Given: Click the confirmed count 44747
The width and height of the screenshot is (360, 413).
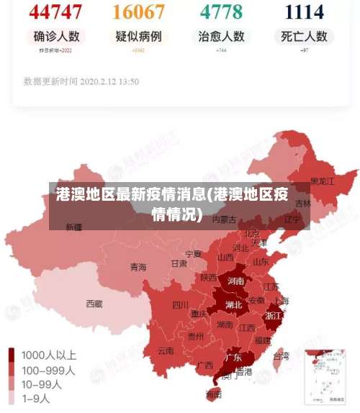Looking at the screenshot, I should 56,12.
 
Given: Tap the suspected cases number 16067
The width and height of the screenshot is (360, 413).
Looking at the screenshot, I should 139,12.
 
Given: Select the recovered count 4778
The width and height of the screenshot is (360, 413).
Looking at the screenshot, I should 221,12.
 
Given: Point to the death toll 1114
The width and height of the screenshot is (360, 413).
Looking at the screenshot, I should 305,12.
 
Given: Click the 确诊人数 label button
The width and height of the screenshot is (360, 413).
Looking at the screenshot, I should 56,36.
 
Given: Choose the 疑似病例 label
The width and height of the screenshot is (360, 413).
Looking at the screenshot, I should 139,36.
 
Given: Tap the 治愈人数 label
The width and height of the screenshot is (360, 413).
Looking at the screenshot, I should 221,36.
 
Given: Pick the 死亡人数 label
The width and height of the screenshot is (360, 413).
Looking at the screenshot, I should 305,36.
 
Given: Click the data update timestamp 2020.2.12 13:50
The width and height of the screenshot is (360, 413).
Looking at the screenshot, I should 81,81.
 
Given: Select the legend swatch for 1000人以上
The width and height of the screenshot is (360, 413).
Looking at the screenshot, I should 12,355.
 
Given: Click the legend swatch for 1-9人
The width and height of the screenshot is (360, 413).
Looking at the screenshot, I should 12,397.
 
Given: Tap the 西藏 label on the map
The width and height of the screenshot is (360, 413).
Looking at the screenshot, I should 94,304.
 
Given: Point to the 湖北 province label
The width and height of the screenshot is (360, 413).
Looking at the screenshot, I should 233,304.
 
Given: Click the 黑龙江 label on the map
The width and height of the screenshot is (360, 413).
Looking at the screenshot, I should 322,181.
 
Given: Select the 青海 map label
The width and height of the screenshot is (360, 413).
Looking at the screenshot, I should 138,267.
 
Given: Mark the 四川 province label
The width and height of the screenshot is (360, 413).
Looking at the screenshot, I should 180,305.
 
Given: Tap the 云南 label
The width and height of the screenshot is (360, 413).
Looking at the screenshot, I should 166,351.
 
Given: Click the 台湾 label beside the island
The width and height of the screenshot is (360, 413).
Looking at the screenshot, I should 281,355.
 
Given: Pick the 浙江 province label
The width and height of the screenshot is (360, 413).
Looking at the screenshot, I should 274,315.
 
